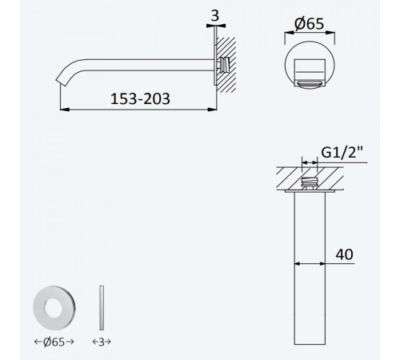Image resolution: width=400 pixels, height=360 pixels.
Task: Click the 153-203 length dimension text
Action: (x=140, y=98)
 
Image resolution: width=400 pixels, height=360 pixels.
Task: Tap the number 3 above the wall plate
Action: (x=215, y=16)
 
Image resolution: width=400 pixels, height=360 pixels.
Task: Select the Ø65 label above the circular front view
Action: (x=309, y=24)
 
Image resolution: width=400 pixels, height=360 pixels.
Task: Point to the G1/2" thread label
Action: (x=342, y=153)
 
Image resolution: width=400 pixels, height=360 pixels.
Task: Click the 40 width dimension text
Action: (x=344, y=254)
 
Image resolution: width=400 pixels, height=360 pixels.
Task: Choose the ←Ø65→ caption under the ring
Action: (x=54, y=342)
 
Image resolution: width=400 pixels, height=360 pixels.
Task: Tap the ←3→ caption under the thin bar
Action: (x=102, y=342)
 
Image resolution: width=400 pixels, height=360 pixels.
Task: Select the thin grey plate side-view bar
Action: (x=102, y=308)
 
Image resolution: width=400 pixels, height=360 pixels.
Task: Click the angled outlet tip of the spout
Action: (x=61, y=82)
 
